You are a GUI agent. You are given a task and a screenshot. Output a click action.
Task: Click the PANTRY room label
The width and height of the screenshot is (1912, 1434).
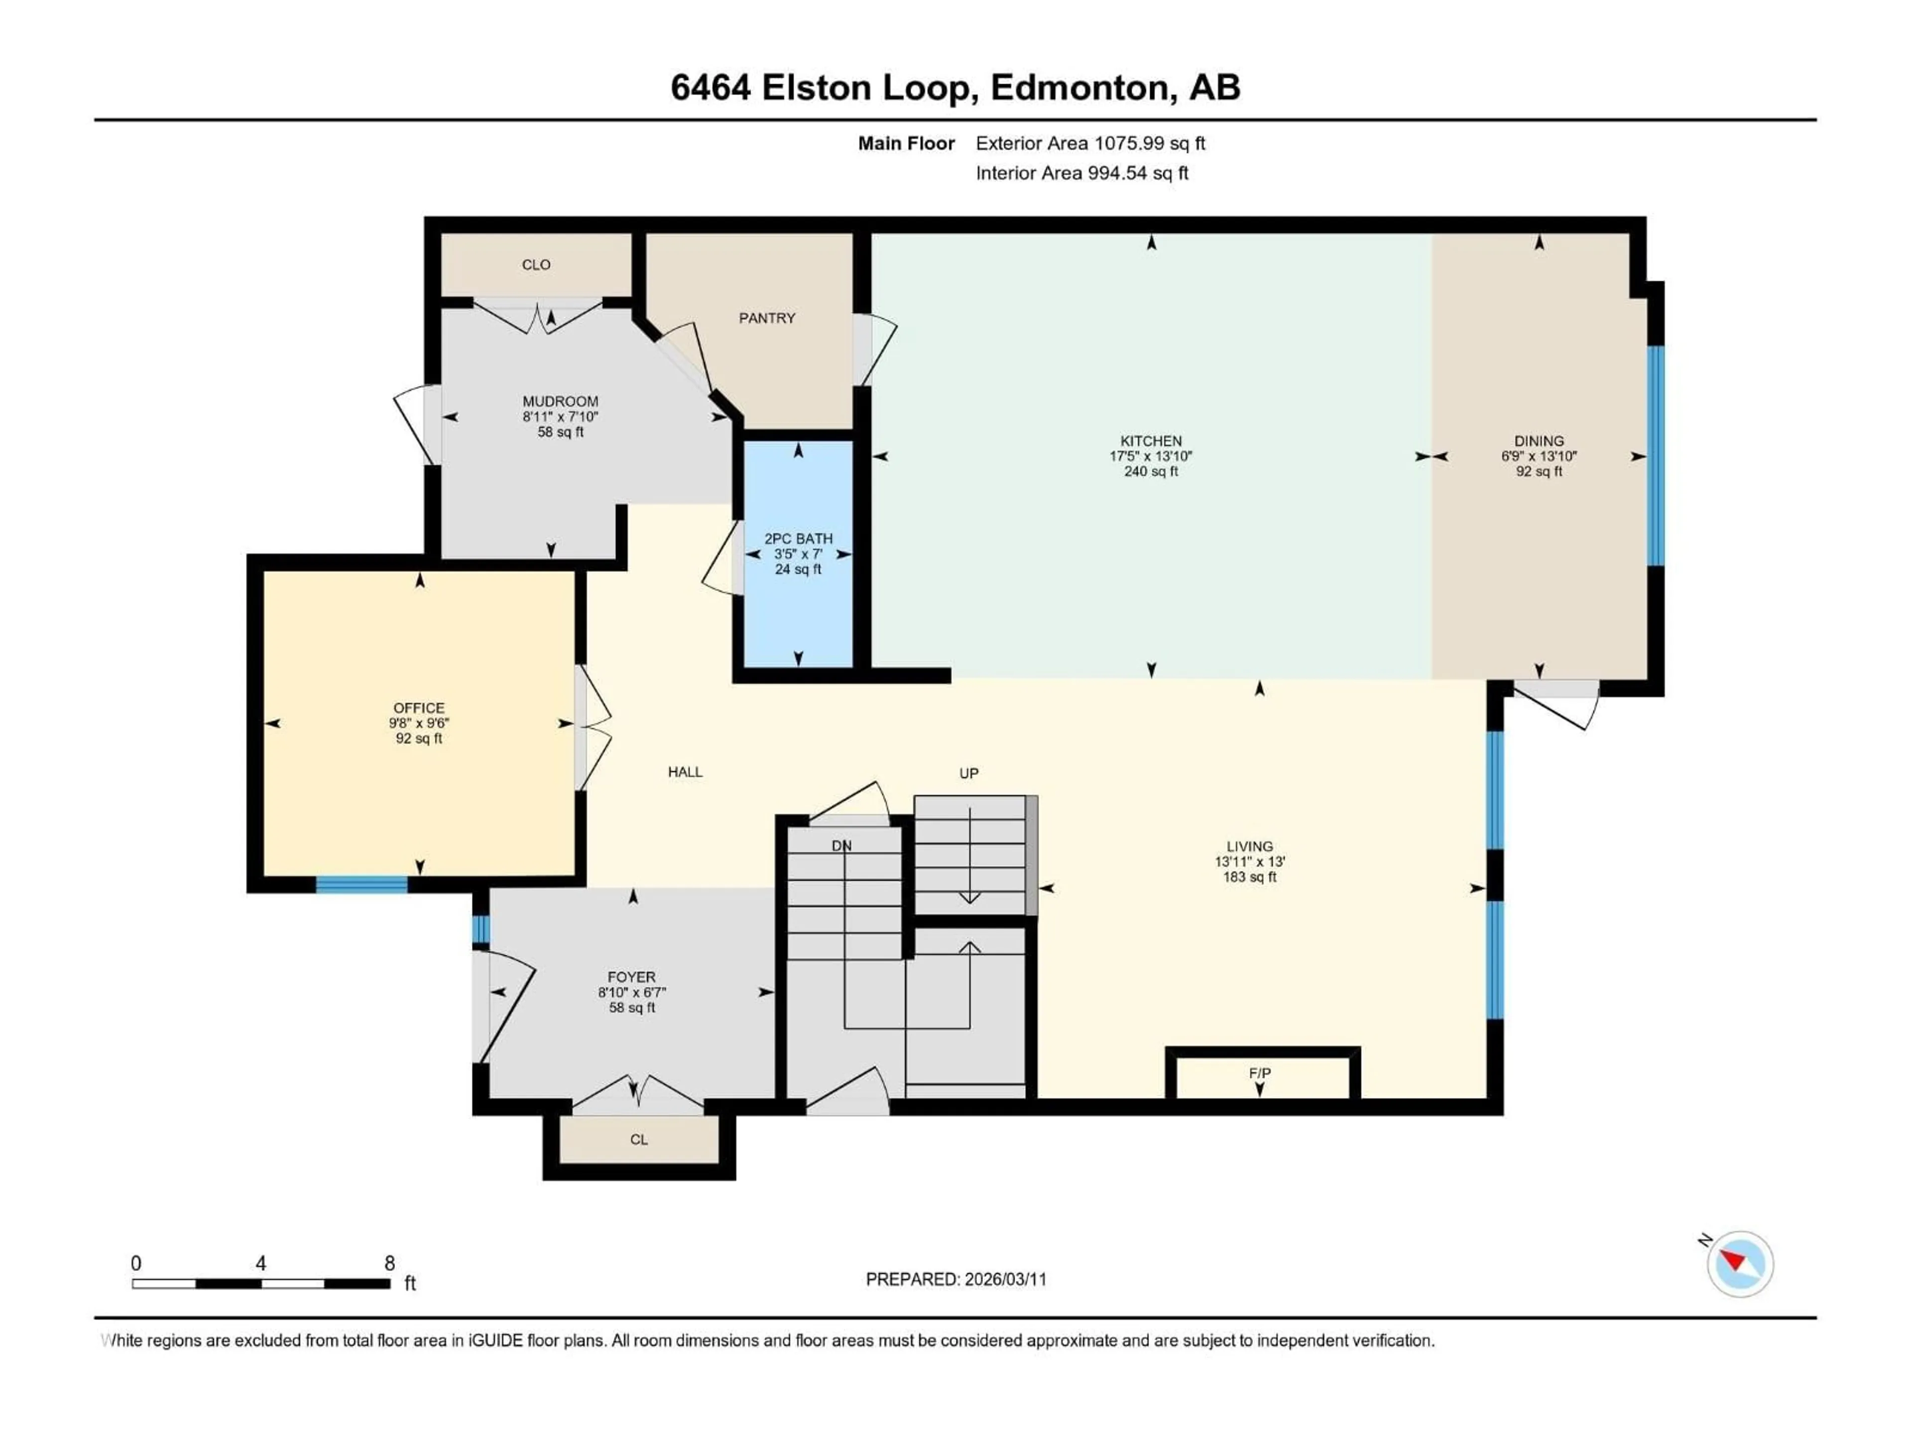(x=767, y=318)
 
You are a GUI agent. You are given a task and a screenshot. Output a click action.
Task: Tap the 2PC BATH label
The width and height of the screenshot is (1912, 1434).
(x=798, y=539)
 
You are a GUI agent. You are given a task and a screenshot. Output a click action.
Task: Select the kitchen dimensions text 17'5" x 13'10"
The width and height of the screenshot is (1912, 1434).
(x=1151, y=457)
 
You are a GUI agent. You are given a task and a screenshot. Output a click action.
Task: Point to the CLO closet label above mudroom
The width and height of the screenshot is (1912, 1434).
(x=536, y=264)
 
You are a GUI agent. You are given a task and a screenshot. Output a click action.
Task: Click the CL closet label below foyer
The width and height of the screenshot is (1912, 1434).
(x=639, y=1139)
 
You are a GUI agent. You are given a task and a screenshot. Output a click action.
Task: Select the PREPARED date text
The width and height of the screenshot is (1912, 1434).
(x=956, y=1279)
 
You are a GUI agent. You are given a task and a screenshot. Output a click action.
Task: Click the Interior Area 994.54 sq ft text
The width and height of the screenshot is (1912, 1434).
(x=1081, y=173)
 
